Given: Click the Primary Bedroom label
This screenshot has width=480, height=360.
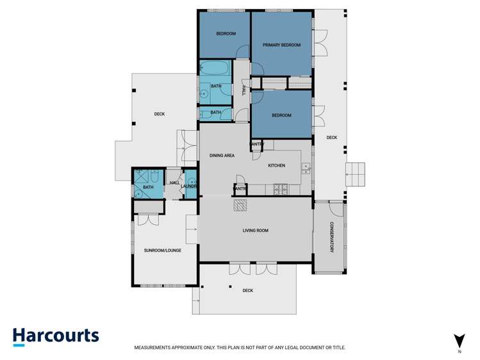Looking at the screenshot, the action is click(x=281, y=45).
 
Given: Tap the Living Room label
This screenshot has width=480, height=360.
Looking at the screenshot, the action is click(x=255, y=231).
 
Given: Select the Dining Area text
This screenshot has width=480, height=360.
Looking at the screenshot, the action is click(x=222, y=156).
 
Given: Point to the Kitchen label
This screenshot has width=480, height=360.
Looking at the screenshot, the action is click(x=276, y=165).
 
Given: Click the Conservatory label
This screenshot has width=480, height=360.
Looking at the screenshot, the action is click(x=331, y=237).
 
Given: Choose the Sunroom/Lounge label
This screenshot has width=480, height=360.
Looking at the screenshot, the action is click(x=163, y=250).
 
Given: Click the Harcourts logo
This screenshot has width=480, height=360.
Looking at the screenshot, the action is click(x=56, y=337).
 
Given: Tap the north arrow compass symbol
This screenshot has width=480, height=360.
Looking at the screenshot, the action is click(x=459, y=341).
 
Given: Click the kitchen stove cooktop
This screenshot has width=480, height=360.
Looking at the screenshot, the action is click(x=280, y=190).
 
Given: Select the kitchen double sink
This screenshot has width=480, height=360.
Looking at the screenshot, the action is click(x=306, y=168).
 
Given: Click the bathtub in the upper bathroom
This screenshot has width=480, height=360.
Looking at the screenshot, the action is click(x=215, y=68).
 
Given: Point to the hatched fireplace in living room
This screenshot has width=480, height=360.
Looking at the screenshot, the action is click(x=240, y=206).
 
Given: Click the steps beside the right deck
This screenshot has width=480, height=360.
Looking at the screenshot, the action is click(x=355, y=174).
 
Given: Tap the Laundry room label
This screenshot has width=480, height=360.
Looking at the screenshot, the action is click(x=188, y=186).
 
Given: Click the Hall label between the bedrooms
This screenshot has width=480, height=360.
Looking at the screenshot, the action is click(x=244, y=90).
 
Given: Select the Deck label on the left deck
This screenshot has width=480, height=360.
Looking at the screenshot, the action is click(x=159, y=114).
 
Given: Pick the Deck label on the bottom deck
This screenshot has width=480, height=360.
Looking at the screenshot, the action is click(x=247, y=291).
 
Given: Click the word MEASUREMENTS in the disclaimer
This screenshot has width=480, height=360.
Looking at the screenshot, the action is click(x=152, y=347).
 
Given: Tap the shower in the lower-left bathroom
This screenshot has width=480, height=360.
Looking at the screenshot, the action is click(x=142, y=177).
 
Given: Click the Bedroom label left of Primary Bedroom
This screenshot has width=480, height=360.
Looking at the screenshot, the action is click(x=226, y=34).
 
